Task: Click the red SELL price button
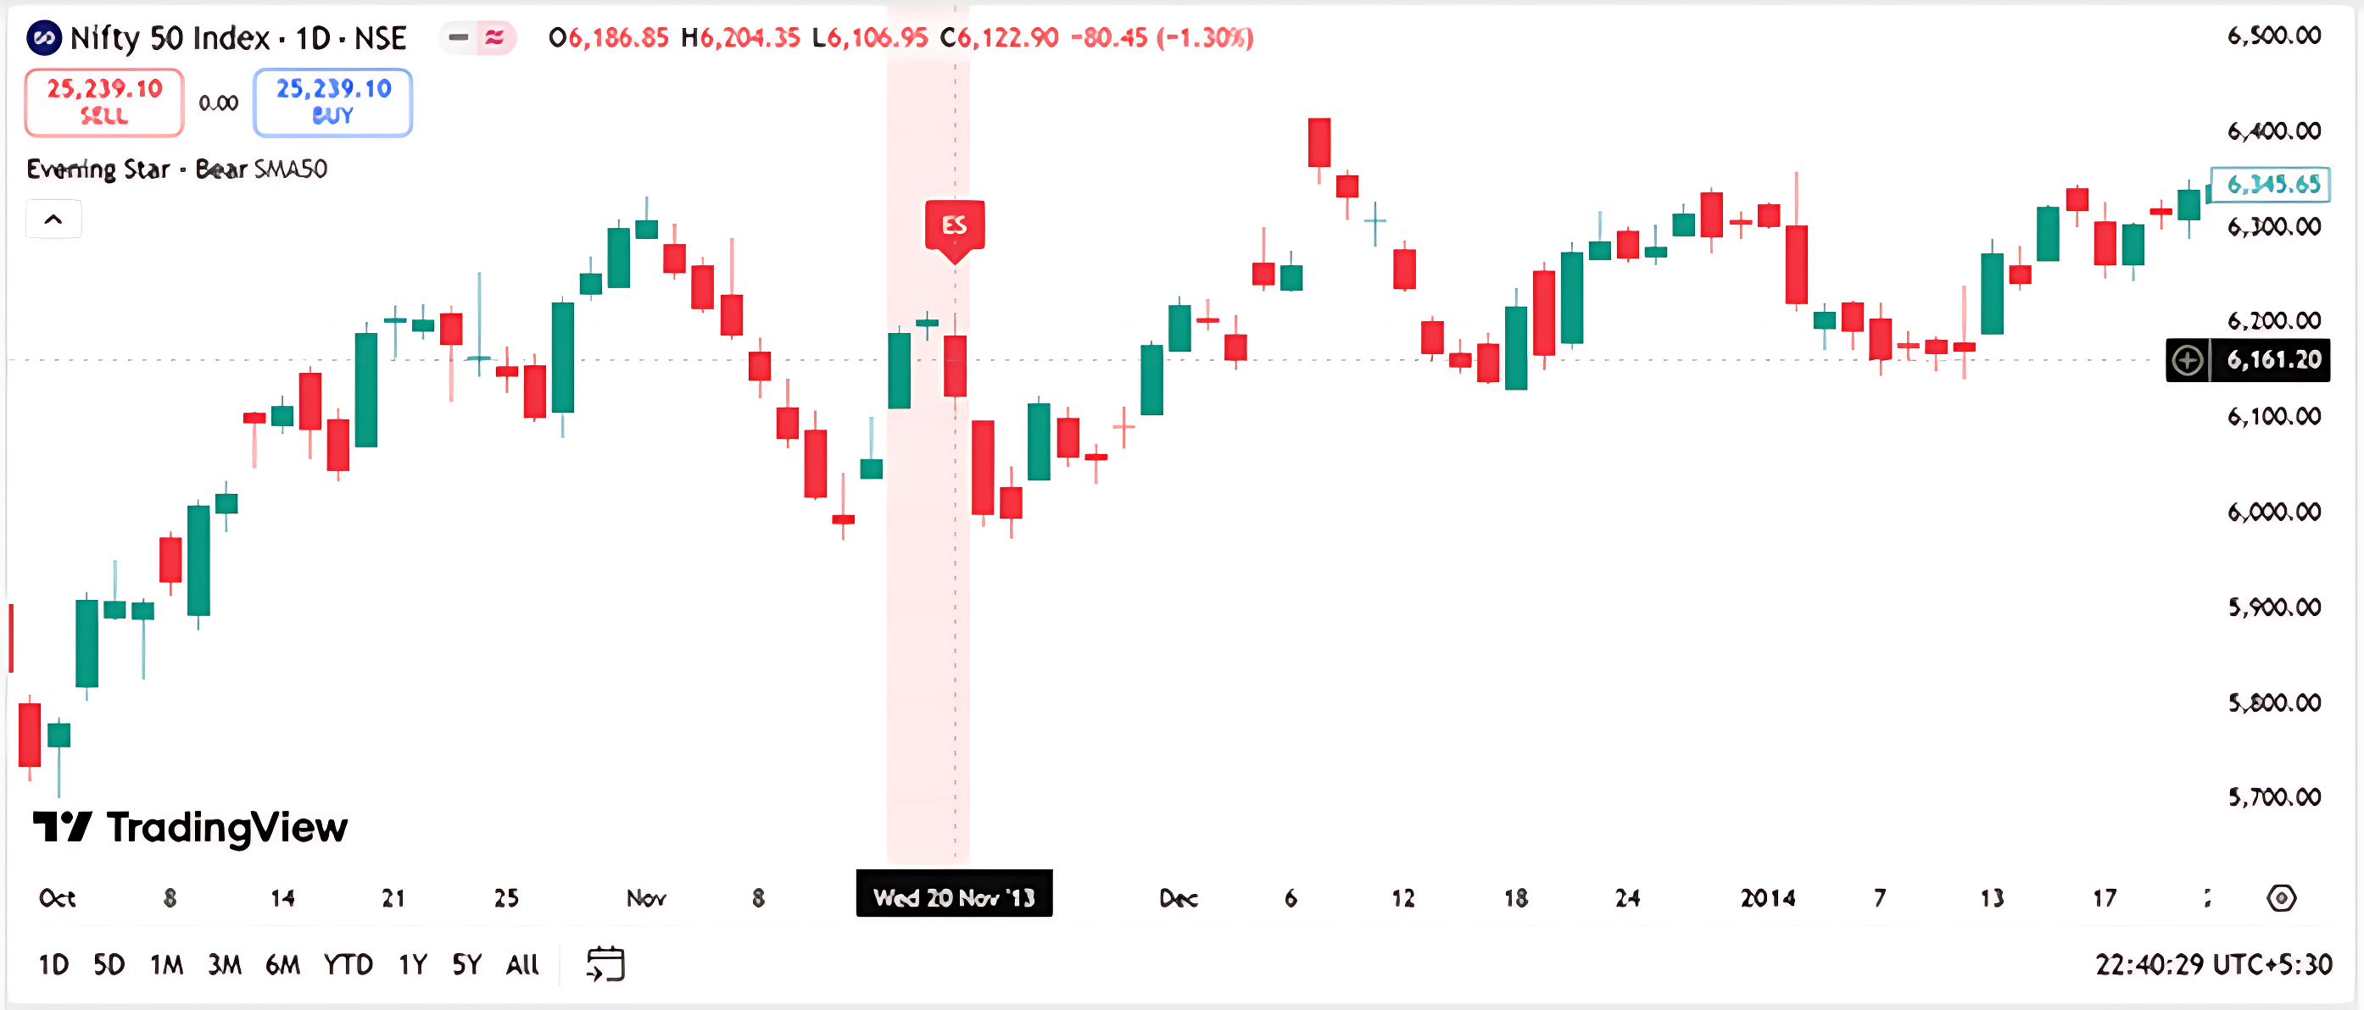103,102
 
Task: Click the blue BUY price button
332,102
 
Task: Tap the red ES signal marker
955,225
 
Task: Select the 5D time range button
109,964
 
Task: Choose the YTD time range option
348,964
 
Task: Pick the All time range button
522,964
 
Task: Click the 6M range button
282,964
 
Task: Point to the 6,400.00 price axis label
2274,130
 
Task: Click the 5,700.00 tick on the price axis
2274,796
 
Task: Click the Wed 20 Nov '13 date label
954,896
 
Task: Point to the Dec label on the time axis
1179,897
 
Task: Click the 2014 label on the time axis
1768,897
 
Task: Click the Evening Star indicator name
98,169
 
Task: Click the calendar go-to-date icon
605,964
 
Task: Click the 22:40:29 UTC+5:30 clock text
2212,964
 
